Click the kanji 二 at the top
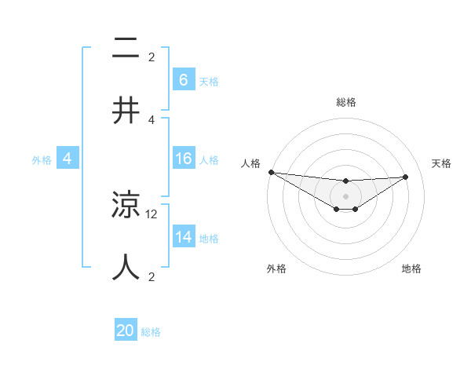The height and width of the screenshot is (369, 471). [126, 49]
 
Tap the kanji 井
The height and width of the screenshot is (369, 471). [126, 111]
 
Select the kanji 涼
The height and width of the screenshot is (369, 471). [126, 206]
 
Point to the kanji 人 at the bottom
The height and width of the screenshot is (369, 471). [126, 267]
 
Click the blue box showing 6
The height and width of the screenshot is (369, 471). [183, 80]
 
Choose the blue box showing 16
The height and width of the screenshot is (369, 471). [183, 159]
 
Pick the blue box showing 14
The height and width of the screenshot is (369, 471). [183, 237]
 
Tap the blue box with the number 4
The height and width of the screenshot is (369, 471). [68, 159]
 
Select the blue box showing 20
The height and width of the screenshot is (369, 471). [126, 331]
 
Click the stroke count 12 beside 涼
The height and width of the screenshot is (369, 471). [152, 213]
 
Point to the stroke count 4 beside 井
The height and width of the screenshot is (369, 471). [152, 119]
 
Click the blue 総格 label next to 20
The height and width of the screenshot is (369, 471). [151, 332]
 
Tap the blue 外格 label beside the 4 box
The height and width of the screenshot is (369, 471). [42, 159]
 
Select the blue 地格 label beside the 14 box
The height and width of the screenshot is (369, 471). [209, 238]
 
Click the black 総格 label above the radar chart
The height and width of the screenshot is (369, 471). [345, 102]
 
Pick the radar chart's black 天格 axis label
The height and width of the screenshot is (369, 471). [442, 163]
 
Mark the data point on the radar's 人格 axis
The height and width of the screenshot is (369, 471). [271, 172]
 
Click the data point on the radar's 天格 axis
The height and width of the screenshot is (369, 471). [405, 177]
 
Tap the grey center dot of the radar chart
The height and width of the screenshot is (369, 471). [345, 196]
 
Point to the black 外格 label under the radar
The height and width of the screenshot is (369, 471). [276, 269]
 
